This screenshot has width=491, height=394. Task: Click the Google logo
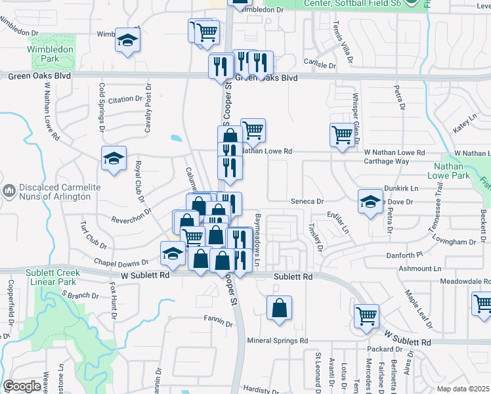(22, 386)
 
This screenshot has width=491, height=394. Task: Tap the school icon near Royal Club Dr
(114, 159)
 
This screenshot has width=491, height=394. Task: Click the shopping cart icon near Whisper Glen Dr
(342, 135)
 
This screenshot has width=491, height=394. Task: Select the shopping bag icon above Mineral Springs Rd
(280, 308)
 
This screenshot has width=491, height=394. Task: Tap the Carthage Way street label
(387, 161)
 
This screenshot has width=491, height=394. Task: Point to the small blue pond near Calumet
(175, 139)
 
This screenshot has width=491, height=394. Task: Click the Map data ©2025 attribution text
(463, 389)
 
